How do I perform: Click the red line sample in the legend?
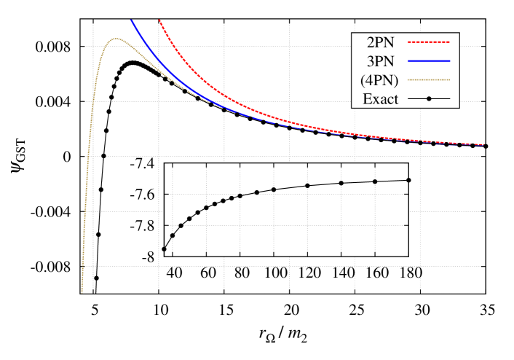(428, 42)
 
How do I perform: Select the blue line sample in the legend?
(428, 60)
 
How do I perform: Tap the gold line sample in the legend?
(428, 79)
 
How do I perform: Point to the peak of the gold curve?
(116, 39)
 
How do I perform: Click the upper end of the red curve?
(159, 20)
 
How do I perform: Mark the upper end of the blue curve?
(132, 20)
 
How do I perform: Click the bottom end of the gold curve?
(82, 291)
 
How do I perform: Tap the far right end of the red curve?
(483, 144)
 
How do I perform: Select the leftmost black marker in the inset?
(164, 249)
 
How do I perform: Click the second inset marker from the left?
(173, 235)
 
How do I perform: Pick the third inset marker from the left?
(181, 226)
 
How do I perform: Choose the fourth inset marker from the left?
(189, 219)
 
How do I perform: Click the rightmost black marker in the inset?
(408, 180)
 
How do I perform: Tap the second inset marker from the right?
(375, 181)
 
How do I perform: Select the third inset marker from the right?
(341, 183)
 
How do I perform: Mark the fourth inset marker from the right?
(307, 186)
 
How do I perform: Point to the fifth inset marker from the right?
(274, 189)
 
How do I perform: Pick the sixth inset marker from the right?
(256, 192)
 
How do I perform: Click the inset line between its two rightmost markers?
(392, 181)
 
